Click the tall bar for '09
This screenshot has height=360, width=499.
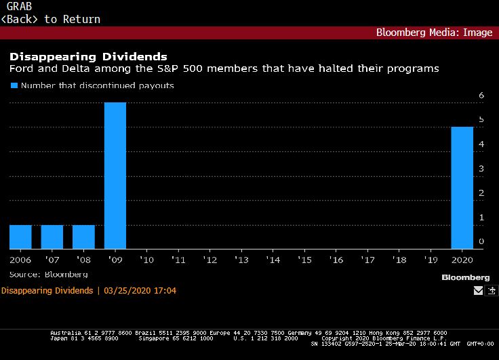click(115, 176)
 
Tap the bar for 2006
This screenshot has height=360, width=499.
click(20, 237)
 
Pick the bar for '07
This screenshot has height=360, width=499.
click(52, 237)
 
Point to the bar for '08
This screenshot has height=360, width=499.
click(83, 237)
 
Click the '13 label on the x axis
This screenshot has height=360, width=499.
click(241, 260)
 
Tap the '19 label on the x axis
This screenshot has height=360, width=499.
click(431, 260)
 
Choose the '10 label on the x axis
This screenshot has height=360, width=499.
click(146, 260)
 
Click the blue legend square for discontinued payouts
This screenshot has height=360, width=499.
click(13, 86)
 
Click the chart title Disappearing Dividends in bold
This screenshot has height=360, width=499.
click(87, 56)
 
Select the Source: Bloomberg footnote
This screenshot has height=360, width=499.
click(48, 274)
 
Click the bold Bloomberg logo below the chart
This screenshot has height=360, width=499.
click(465, 277)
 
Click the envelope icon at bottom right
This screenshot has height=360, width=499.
click(478, 291)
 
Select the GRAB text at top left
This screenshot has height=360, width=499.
click(19, 7)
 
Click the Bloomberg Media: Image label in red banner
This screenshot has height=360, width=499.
click(434, 33)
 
